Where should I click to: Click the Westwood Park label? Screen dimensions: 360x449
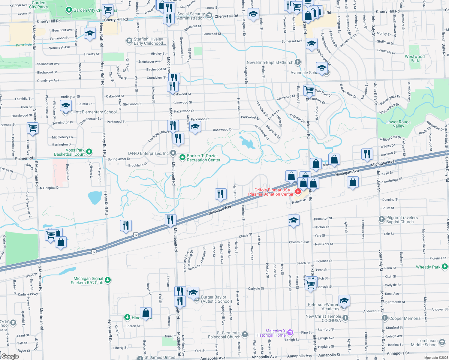(414, 58)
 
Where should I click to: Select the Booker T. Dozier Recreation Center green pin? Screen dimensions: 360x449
(182, 157)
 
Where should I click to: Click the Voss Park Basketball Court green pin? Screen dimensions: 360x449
(89, 152)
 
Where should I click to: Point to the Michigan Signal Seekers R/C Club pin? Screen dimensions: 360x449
(108, 280)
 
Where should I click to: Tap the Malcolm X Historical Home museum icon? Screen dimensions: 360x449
(290, 332)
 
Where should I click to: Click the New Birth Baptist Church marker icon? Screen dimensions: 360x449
(297, 62)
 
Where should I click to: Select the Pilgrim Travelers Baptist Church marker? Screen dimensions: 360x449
(381, 219)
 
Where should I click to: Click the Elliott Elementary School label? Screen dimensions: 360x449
(94, 112)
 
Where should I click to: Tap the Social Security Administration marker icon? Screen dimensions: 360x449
(209, 16)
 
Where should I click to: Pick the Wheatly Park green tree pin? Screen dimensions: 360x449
(445, 266)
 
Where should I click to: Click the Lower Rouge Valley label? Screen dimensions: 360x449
(398, 124)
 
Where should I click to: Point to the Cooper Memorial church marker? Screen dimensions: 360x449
(384, 318)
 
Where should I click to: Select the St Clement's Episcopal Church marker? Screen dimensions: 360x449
(245, 334)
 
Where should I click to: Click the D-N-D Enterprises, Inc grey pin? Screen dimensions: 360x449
(173, 153)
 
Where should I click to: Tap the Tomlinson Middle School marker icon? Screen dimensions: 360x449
(442, 342)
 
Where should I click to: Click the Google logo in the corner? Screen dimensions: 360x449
(10, 356)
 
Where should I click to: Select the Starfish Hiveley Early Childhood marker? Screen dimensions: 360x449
(129, 41)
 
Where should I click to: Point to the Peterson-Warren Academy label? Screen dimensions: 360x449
(323, 307)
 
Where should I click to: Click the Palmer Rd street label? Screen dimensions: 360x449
(24, 158)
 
